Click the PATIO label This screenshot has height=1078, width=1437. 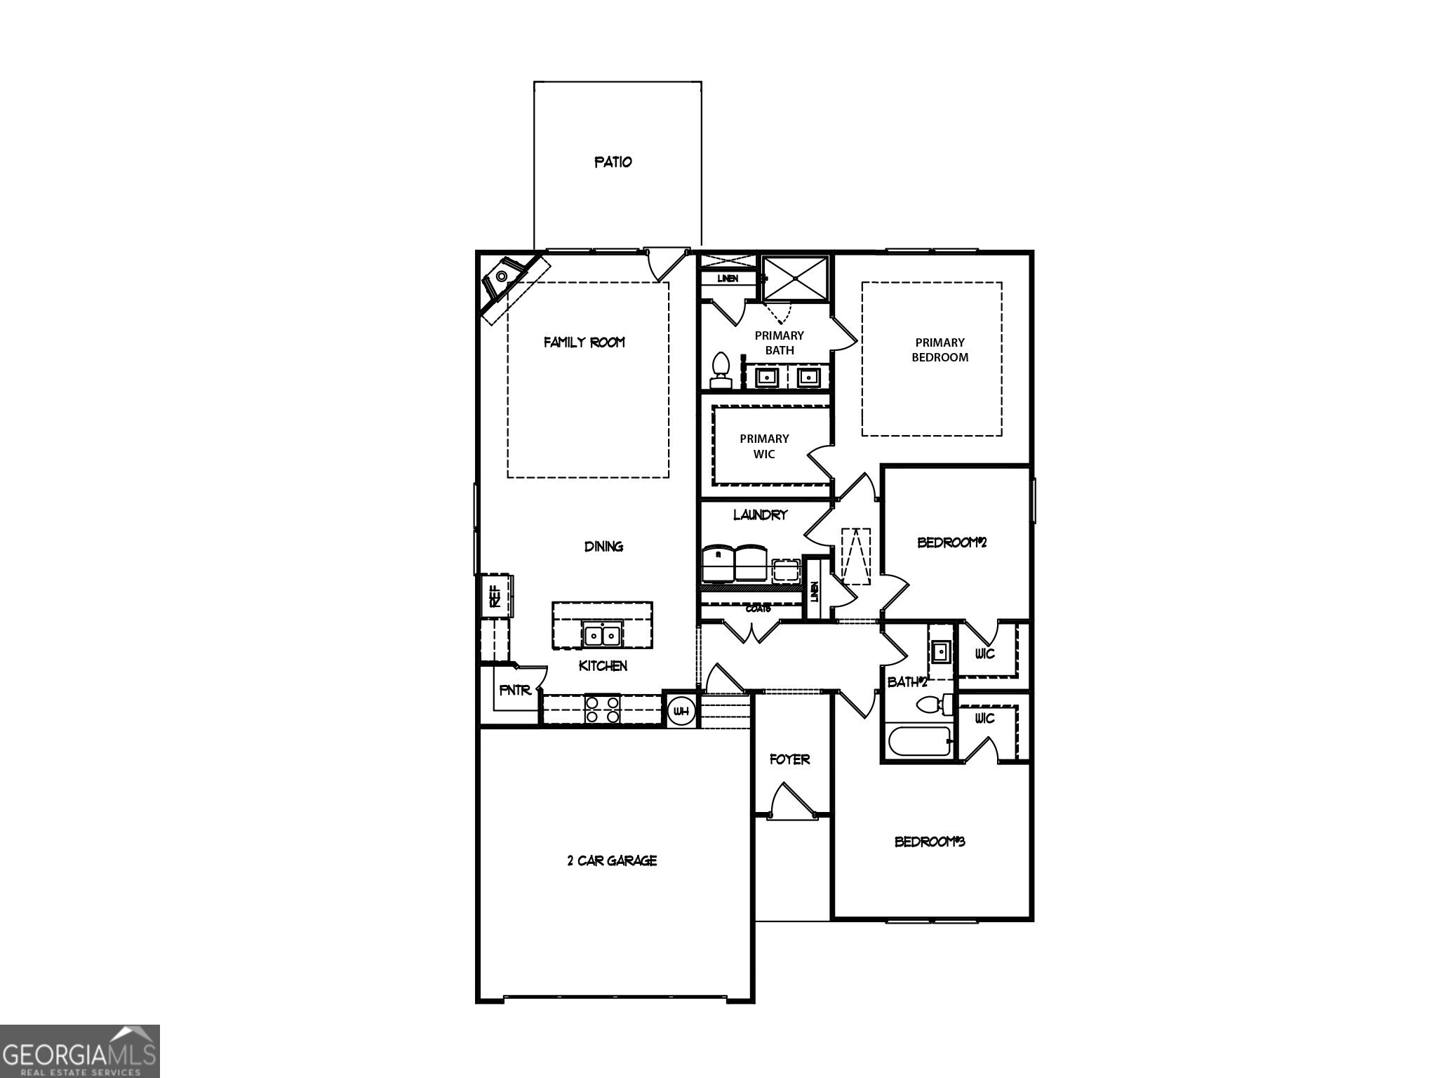[613, 162]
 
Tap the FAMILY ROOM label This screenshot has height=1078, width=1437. [584, 342]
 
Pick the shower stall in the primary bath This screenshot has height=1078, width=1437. [795, 279]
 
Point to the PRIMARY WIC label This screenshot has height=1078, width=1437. [764, 446]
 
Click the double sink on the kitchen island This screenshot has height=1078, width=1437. [603, 635]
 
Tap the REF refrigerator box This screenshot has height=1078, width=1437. [495, 596]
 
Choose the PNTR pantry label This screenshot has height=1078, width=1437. [515, 691]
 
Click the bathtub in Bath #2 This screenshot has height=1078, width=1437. [918, 741]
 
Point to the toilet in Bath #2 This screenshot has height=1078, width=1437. [934, 704]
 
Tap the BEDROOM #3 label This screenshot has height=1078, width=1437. [930, 841]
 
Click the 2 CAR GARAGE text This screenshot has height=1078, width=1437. [612, 860]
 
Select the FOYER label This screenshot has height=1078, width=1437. [789, 759]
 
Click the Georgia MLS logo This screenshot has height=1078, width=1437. [79, 1051]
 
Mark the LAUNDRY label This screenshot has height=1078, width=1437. [760, 515]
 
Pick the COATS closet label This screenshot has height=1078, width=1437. [758, 608]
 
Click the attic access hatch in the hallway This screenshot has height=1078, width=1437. [857, 556]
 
